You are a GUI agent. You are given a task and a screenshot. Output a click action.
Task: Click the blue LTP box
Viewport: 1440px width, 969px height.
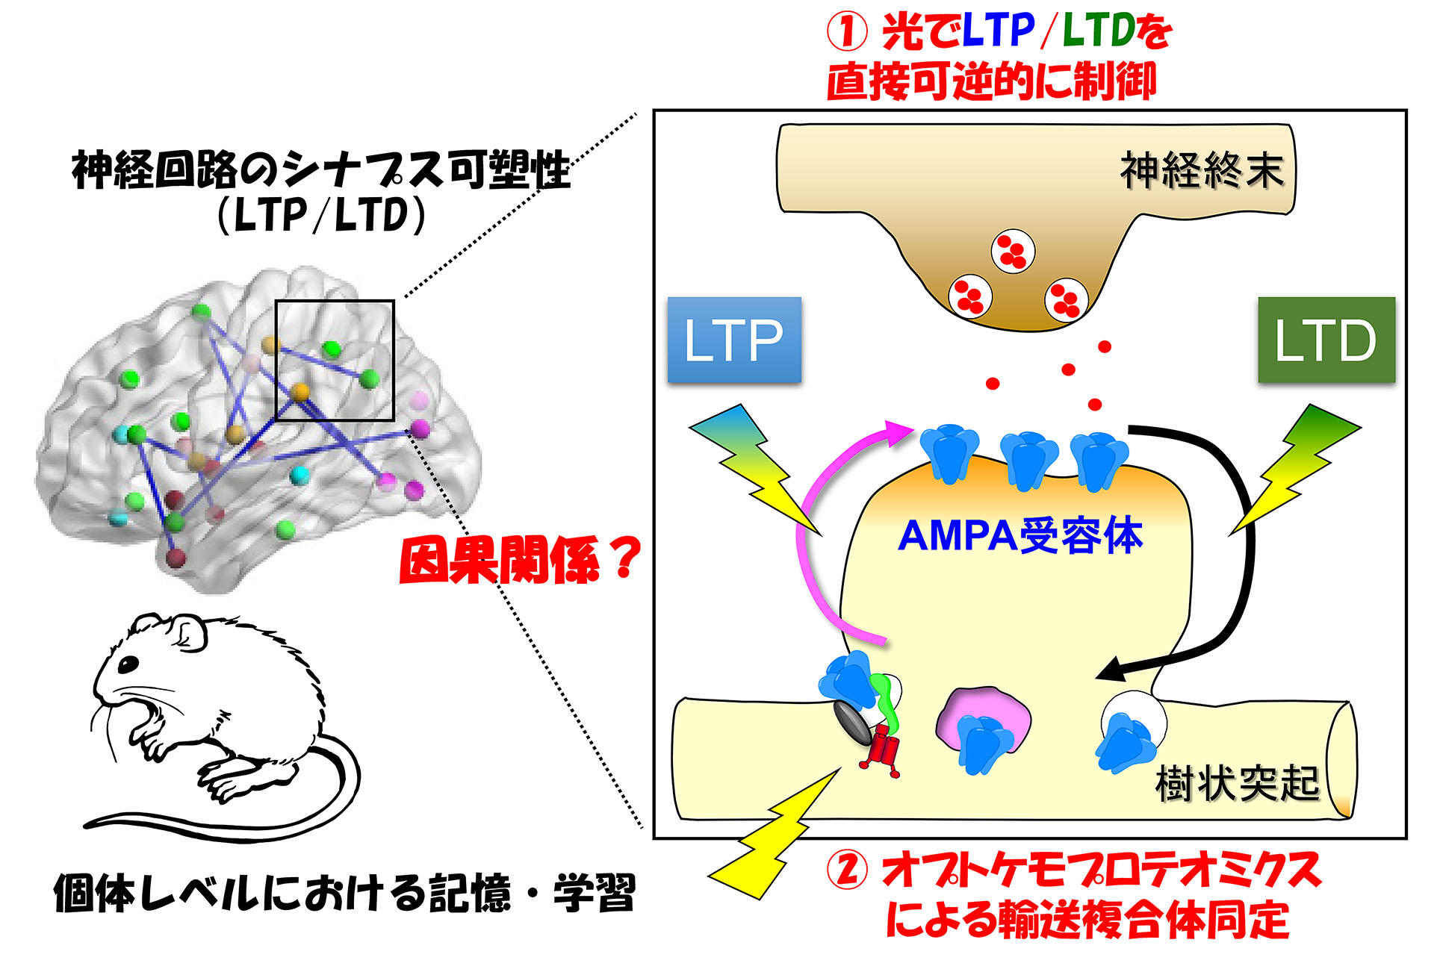tap(733, 340)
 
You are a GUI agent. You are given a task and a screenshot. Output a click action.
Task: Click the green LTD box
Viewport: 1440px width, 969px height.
tap(1326, 340)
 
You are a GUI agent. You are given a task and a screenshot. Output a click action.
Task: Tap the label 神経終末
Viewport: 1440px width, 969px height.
tap(1201, 171)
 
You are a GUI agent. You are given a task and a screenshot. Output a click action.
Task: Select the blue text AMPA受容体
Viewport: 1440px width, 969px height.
tap(1020, 535)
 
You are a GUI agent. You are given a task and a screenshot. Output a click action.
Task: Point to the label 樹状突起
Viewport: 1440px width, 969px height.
tap(1237, 783)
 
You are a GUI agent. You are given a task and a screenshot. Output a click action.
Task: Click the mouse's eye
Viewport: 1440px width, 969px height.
tap(129, 662)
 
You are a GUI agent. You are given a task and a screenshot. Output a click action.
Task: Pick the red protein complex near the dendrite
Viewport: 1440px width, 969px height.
tap(883, 749)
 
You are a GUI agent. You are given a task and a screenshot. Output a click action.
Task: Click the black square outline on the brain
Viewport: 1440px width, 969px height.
tap(335, 302)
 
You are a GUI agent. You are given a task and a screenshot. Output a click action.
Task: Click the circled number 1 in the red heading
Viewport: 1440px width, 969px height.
tap(847, 34)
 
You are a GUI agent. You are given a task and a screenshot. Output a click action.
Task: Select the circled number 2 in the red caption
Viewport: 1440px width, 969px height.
tap(847, 871)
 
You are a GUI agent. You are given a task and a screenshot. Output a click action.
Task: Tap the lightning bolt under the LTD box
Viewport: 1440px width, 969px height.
tap(1296, 467)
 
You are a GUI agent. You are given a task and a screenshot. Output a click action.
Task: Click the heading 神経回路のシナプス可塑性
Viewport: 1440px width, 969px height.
tap(321, 170)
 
